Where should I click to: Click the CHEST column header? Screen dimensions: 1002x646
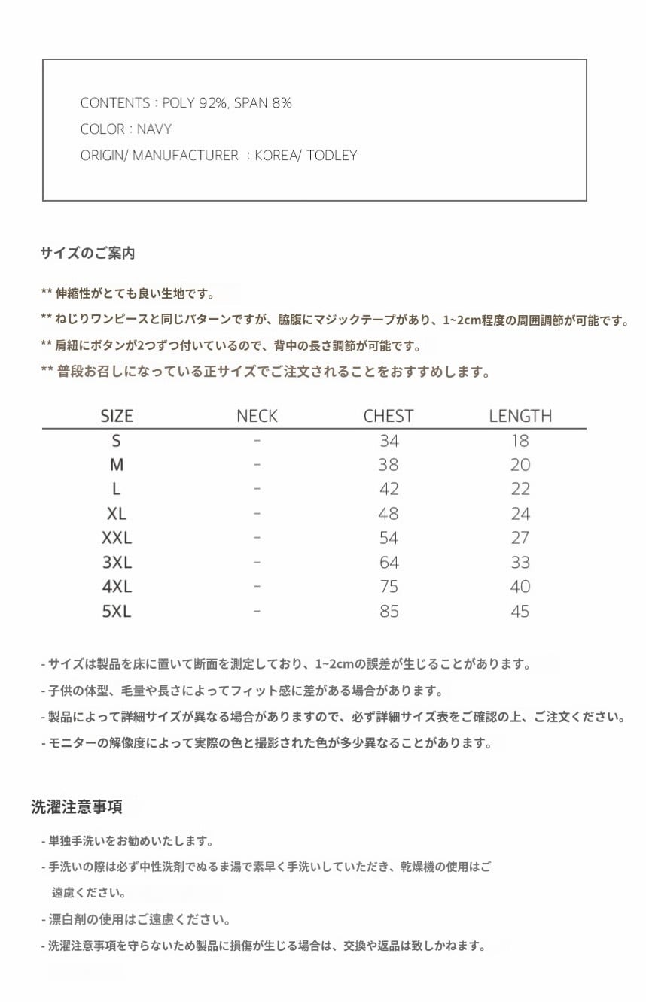(389, 416)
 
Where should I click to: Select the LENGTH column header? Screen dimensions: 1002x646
(520, 416)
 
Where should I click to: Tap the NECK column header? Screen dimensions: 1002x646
(257, 416)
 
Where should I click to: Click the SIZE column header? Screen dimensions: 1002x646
(117, 416)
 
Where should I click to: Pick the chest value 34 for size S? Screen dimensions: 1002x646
(389, 441)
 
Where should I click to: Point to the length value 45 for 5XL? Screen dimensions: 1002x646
(520, 611)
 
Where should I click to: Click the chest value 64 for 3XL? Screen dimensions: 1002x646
(389, 563)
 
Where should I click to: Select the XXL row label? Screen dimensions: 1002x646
(117, 538)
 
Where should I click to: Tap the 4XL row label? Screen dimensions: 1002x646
(117, 587)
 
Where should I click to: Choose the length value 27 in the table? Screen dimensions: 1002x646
(520, 538)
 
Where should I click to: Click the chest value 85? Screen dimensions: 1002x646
(389, 611)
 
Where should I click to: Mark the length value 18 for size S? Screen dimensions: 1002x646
(520, 441)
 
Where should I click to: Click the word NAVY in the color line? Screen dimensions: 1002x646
(154, 129)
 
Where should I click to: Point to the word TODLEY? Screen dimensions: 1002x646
(331, 156)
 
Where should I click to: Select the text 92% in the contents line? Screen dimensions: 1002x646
(213, 103)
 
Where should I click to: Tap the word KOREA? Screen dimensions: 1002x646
(276, 156)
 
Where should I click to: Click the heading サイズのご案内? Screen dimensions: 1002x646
(87, 254)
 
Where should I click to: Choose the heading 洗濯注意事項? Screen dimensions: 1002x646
(77, 807)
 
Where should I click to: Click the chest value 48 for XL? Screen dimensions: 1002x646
(389, 514)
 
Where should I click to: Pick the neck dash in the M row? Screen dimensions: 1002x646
(257, 465)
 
